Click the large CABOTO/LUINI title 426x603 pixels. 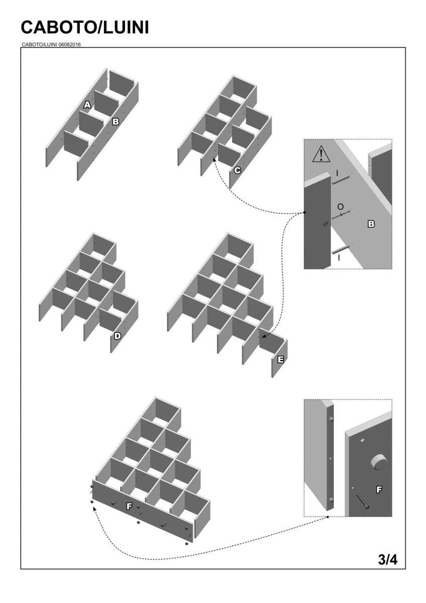(x=85, y=28)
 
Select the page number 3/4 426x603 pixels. (x=387, y=559)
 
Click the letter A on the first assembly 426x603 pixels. (x=87, y=105)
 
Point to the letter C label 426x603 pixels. (x=237, y=171)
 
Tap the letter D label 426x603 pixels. (x=117, y=336)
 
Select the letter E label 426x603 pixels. (x=280, y=359)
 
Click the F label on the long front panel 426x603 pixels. (x=129, y=507)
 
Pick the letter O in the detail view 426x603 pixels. (x=340, y=207)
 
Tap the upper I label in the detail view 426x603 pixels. (x=337, y=173)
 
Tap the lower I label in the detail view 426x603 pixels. (x=339, y=257)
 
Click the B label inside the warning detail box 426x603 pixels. (x=371, y=224)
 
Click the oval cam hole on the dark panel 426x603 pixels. (x=325, y=223)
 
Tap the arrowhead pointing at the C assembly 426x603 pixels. (x=215, y=159)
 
